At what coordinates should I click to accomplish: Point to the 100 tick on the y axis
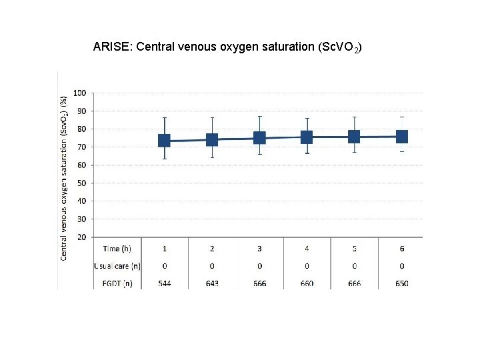(79, 93)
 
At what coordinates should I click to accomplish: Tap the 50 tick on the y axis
(81, 183)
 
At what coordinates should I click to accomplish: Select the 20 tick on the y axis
(81, 237)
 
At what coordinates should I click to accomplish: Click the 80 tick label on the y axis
(81, 129)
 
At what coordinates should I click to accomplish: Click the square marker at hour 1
(164, 141)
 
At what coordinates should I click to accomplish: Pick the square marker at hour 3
(259, 138)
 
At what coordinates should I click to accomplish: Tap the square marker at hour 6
(402, 136)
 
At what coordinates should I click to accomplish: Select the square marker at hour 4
(307, 137)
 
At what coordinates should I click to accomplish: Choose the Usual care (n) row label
(117, 266)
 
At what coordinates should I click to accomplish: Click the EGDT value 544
(164, 283)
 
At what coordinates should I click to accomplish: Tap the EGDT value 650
(402, 283)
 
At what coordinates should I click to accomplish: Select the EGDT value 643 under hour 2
(212, 283)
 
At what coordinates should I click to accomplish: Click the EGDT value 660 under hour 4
(307, 283)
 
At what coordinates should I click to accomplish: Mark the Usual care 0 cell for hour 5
(354, 266)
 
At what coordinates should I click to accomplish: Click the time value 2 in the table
(212, 249)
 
